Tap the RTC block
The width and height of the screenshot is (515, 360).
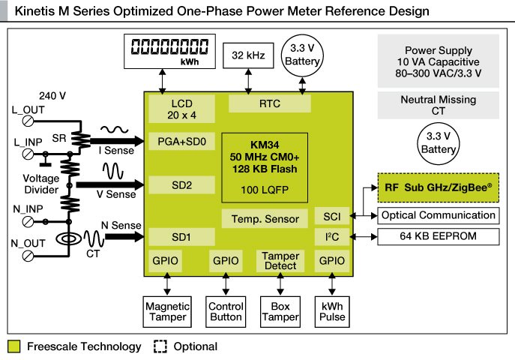click(x=270, y=103)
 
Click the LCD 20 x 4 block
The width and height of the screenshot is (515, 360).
click(x=182, y=109)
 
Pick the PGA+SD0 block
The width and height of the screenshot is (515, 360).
click(x=182, y=141)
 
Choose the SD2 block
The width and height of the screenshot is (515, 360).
click(x=182, y=184)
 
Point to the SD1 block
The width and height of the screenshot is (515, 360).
click(x=182, y=237)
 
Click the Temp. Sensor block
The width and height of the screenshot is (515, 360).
click(x=265, y=219)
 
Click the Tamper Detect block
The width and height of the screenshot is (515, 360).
click(x=280, y=261)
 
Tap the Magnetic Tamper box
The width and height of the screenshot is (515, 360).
click(x=167, y=311)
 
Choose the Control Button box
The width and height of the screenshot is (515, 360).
click(x=225, y=311)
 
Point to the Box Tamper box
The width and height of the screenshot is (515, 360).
click(x=280, y=311)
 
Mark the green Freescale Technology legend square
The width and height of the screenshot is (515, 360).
click(x=13, y=346)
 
